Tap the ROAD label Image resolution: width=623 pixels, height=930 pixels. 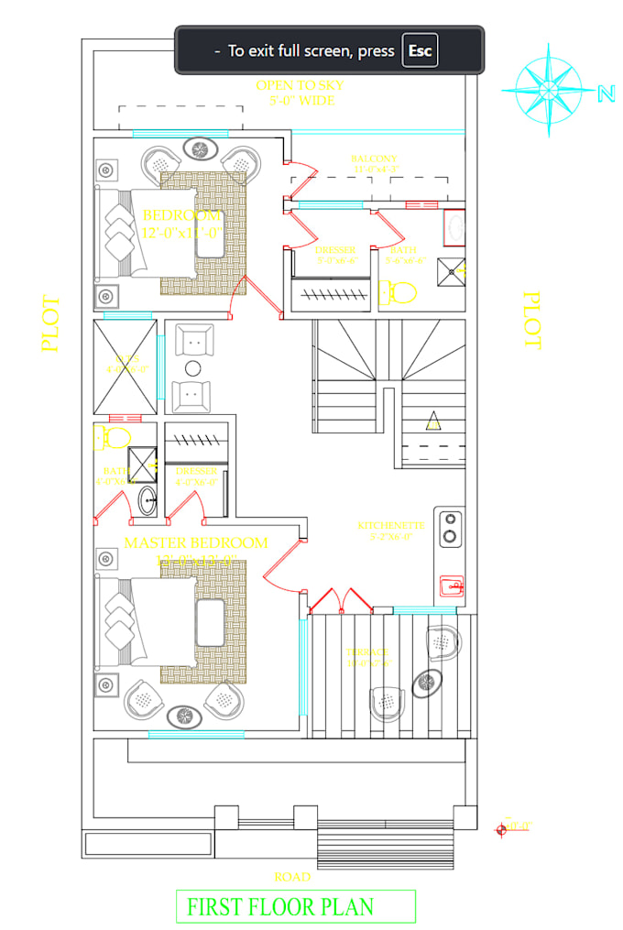[x=292, y=877]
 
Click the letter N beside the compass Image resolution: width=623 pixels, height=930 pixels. [x=605, y=93]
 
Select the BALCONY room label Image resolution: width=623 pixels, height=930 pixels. [x=374, y=159]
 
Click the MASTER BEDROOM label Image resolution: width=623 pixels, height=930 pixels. [x=196, y=542]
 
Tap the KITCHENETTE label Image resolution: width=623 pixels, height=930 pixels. [x=390, y=526]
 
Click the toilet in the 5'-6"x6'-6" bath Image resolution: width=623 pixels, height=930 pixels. [x=398, y=293]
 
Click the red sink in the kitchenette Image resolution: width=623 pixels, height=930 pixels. [x=451, y=585]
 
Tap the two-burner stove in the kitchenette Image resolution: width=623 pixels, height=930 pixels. [x=450, y=528]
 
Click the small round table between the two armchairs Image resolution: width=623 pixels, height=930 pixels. [x=192, y=368]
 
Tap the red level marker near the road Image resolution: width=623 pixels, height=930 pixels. [x=500, y=829]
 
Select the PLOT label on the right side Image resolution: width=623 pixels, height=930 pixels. [x=531, y=320]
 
